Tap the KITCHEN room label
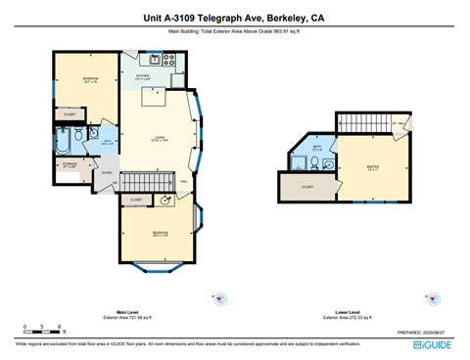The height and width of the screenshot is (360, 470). point(143,76)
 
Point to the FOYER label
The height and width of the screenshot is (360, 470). point(106,173)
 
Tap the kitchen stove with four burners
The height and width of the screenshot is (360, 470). point(168,59)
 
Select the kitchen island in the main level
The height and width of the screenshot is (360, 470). point(152,95)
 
